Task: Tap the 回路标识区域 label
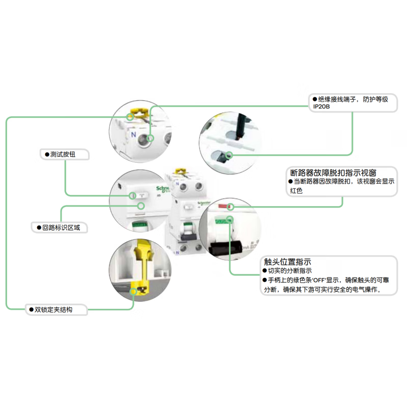click(x=59, y=227)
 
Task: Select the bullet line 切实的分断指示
click(x=290, y=271)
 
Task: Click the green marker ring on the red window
click(x=231, y=207)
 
